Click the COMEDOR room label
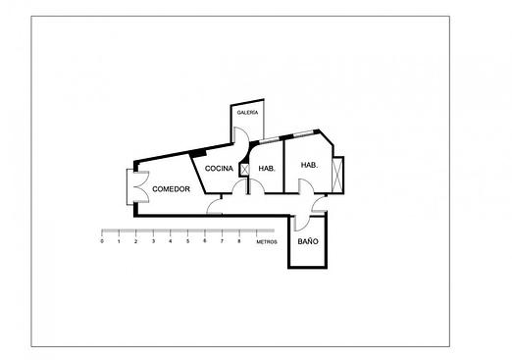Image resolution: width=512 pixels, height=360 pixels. coord(171,188)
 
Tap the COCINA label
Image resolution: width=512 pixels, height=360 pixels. coord(219,169)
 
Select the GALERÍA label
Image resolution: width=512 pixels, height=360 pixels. coord(247,113)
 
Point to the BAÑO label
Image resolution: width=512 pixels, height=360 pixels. coord(307,240)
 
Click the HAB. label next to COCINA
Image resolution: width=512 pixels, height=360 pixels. coord(266,169)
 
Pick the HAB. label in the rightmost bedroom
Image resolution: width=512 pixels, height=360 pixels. coord(309,165)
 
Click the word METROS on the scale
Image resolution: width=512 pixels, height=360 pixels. coord(266,240)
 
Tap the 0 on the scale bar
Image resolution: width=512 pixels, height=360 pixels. coord(102,240)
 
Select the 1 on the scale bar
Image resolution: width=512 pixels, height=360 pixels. coord(119,240)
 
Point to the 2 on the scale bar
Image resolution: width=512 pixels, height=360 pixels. coord(136,240)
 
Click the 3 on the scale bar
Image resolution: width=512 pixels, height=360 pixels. coord(153,240)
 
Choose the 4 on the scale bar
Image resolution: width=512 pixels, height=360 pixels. coord(171,240)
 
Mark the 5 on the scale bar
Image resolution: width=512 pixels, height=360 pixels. coord(187,240)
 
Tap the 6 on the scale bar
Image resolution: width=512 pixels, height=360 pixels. coord(205,240)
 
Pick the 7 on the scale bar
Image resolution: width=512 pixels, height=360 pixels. coord(222,240)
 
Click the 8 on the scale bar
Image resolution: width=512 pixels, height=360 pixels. coord(239,240)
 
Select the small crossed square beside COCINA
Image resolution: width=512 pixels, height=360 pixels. coord(244,169)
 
